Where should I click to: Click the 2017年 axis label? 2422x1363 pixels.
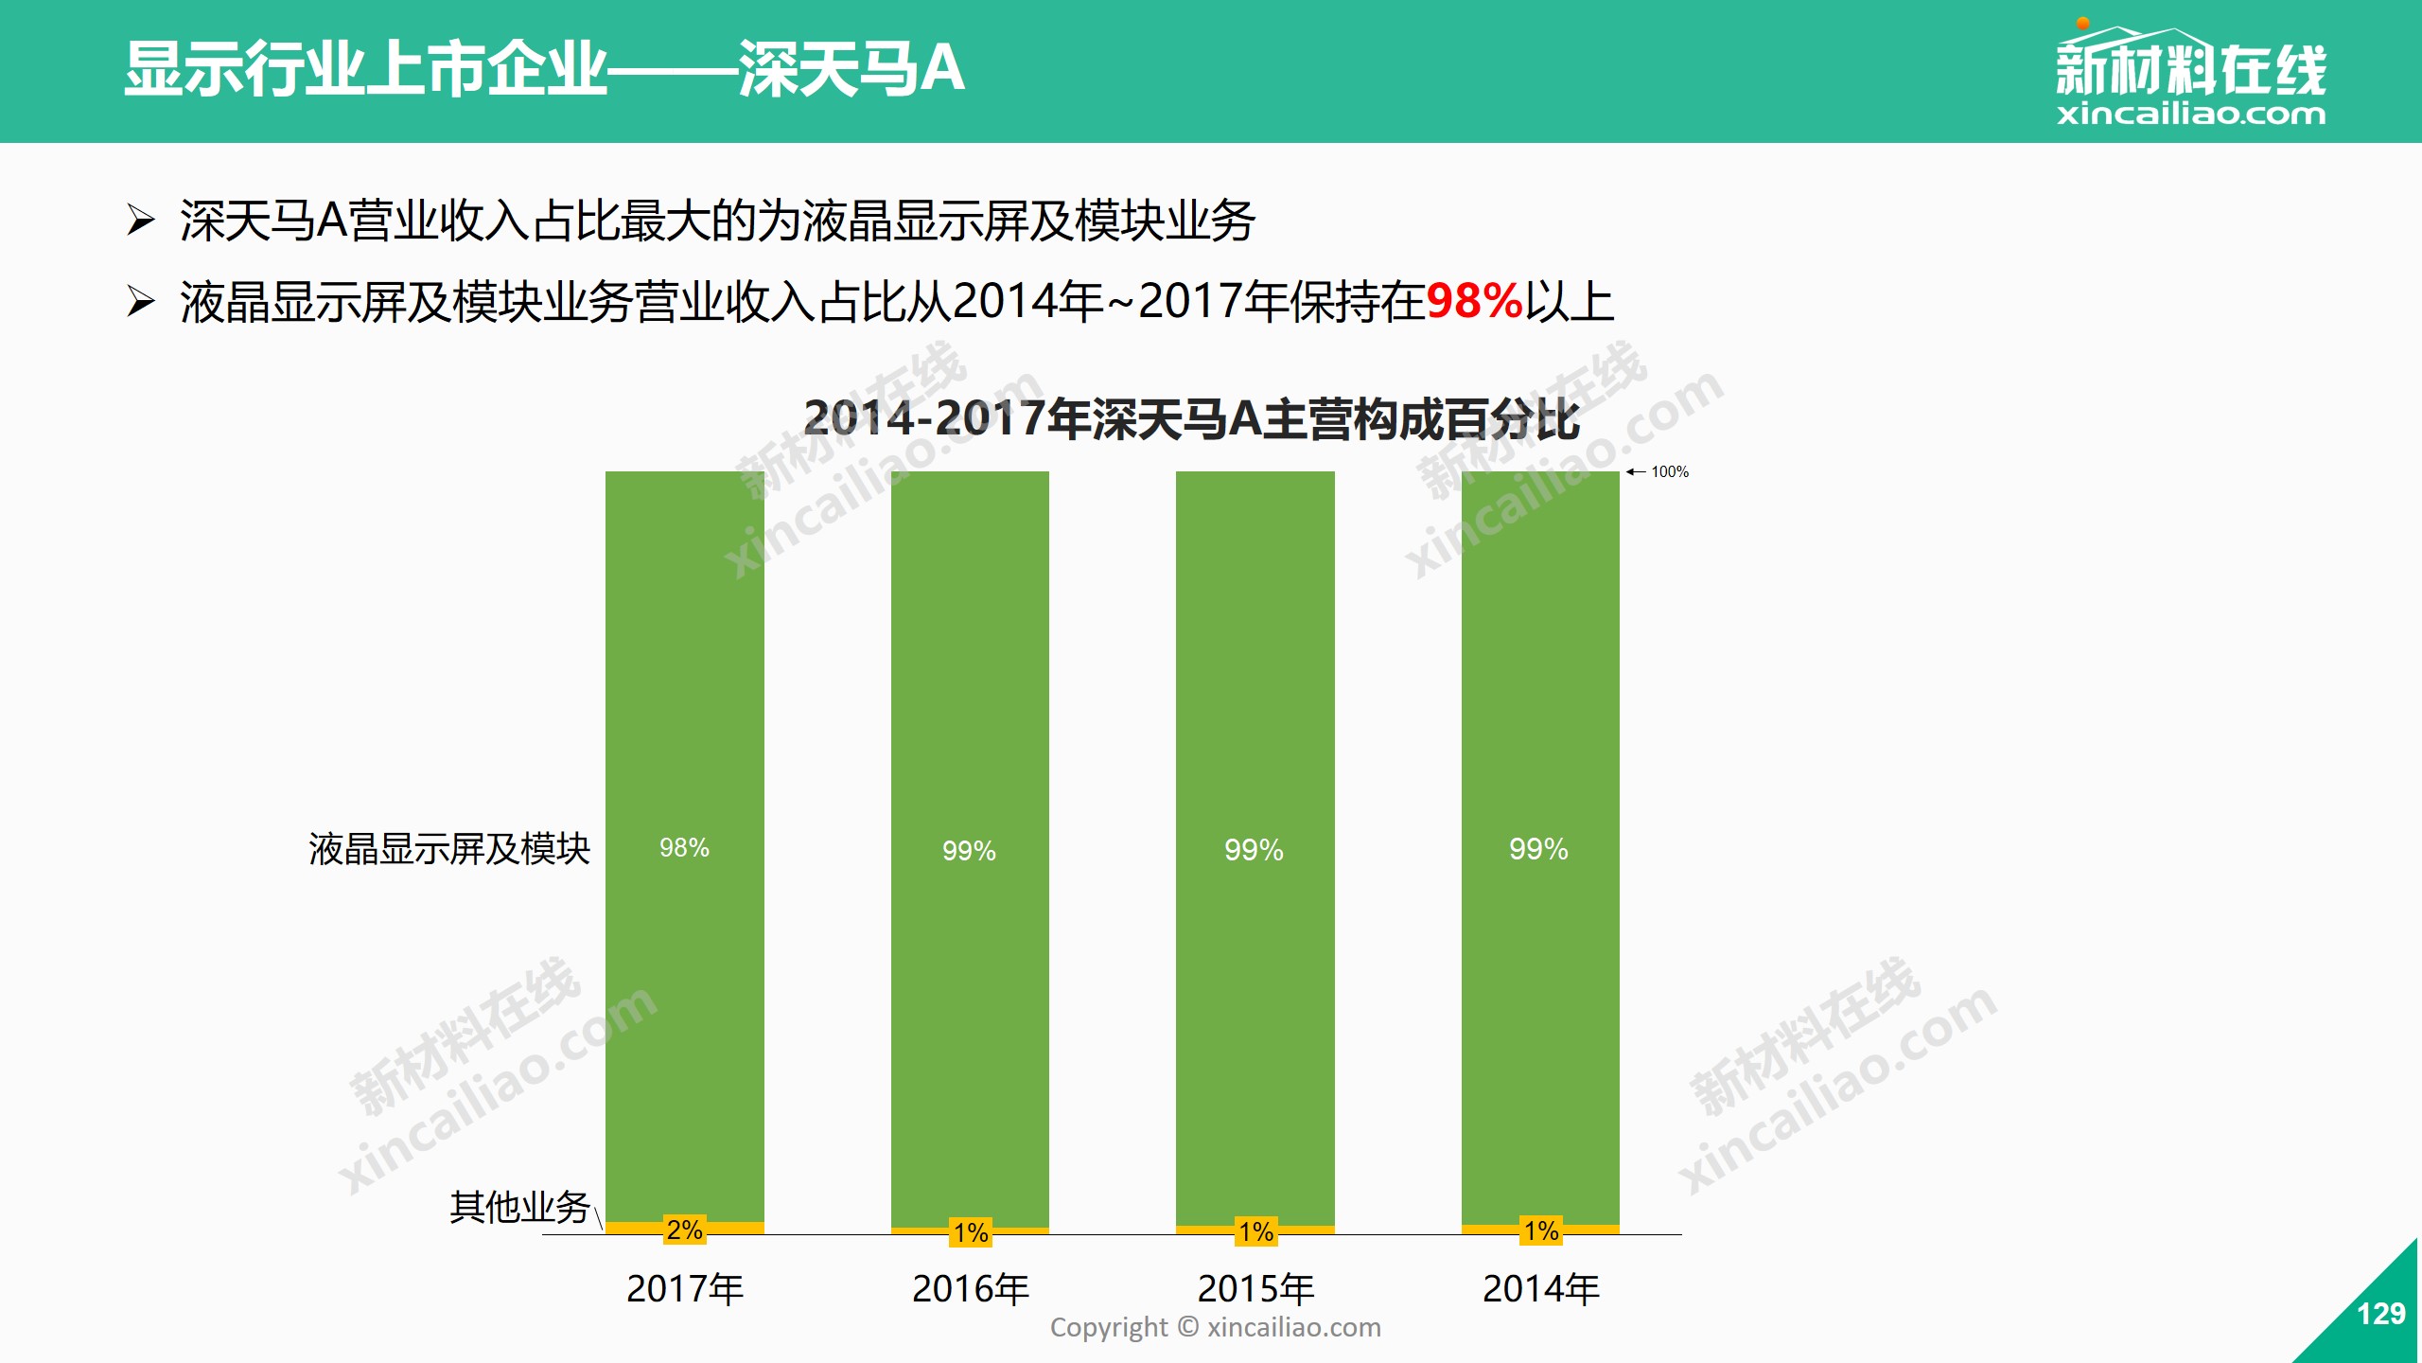click(685, 1289)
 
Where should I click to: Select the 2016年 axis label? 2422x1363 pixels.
click(971, 1289)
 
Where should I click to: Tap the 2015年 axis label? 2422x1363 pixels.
click(1255, 1289)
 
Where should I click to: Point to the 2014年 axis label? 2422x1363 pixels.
click(1541, 1289)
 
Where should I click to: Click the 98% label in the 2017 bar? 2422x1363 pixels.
click(684, 848)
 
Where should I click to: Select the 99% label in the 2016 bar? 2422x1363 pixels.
click(969, 851)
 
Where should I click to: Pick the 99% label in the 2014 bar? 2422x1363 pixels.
click(1538, 849)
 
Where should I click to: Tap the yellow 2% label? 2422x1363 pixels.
click(684, 1230)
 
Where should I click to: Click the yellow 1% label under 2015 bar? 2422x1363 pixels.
click(1255, 1231)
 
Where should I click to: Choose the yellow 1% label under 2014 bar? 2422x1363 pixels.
click(1541, 1230)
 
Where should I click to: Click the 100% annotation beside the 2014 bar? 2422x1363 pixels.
click(1669, 471)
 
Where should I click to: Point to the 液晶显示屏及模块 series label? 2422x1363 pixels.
click(449, 849)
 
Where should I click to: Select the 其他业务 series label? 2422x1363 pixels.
click(519, 1207)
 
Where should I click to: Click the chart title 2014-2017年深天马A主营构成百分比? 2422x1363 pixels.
click(1191, 419)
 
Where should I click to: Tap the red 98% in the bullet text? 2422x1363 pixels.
click(1474, 302)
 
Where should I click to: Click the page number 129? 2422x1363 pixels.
click(2380, 1314)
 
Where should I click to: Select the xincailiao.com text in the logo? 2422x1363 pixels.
click(2190, 115)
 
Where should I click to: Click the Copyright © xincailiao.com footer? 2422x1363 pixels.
click(1215, 1327)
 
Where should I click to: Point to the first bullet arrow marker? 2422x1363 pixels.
click(141, 221)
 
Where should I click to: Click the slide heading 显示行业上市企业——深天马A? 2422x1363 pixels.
click(544, 68)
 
